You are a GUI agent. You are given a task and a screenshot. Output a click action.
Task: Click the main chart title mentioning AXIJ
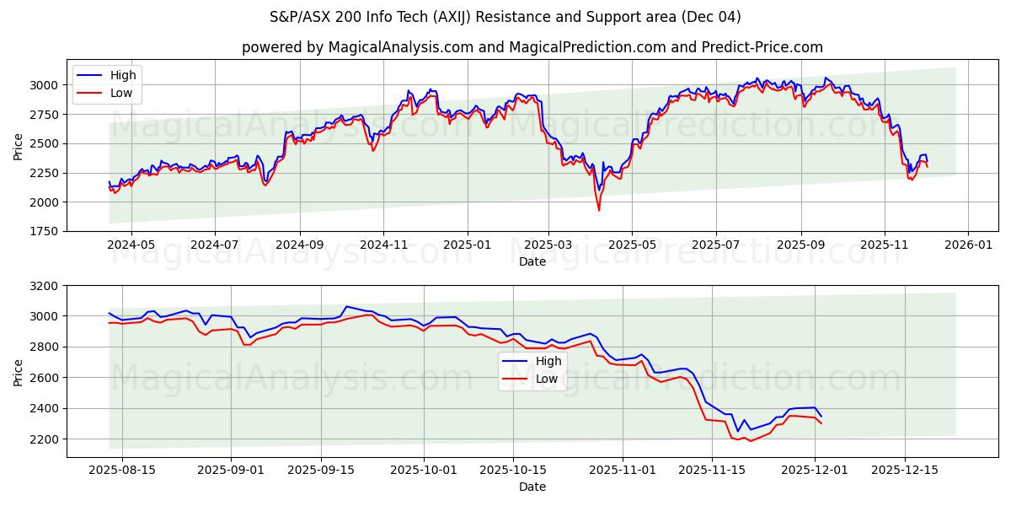pyautogui.click(x=505, y=17)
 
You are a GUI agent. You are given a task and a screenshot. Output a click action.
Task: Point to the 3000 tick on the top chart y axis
pyautogui.click(x=44, y=85)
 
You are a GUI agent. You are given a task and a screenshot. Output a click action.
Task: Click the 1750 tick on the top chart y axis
pyautogui.click(x=44, y=231)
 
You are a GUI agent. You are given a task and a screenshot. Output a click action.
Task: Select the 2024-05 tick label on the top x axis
pyautogui.click(x=131, y=245)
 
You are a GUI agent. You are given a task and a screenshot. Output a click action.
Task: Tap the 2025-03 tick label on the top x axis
pyautogui.click(x=548, y=245)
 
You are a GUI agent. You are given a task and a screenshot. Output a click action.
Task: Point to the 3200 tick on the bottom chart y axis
pyautogui.click(x=44, y=286)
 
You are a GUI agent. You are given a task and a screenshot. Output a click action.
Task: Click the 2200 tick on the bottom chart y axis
pyautogui.click(x=44, y=439)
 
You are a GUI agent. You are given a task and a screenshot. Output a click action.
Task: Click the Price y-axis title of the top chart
pyautogui.click(x=19, y=145)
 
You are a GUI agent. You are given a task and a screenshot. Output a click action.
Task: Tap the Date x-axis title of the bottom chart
pyautogui.click(x=532, y=487)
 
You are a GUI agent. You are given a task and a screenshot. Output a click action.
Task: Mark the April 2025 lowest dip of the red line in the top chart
pyautogui.click(x=599, y=210)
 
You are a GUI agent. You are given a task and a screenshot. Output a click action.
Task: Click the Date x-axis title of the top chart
pyautogui.click(x=532, y=261)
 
